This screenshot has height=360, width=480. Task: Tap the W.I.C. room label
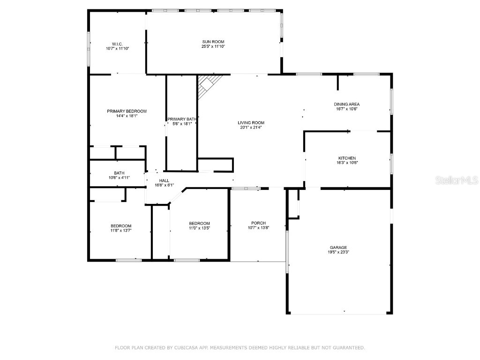(x=117, y=44)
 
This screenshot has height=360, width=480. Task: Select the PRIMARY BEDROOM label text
(x=127, y=111)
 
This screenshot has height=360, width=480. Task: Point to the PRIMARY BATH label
(x=181, y=119)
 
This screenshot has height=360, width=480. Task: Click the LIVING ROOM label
(x=251, y=123)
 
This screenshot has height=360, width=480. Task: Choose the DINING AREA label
(x=347, y=104)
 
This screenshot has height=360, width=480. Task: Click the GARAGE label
(x=338, y=247)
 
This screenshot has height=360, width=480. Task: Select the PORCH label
(x=258, y=223)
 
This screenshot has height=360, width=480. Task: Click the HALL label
(x=164, y=180)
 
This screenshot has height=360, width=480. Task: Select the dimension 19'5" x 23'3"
(x=338, y=252)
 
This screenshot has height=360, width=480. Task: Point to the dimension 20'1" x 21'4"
(x=251, y=127)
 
